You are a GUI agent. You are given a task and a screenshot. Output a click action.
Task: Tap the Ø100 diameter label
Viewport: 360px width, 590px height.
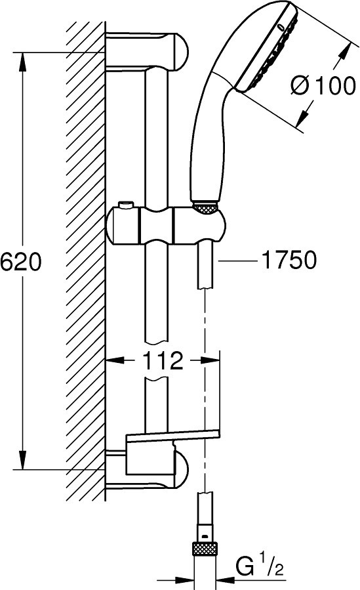click(323, 85)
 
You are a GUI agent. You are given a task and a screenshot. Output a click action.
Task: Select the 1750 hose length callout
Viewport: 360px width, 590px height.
click(289, 260)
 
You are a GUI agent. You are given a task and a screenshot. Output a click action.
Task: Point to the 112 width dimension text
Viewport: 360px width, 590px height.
click(163, 361)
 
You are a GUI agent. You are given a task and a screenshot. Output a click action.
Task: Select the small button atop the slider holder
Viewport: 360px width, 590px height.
click(125, 206)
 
